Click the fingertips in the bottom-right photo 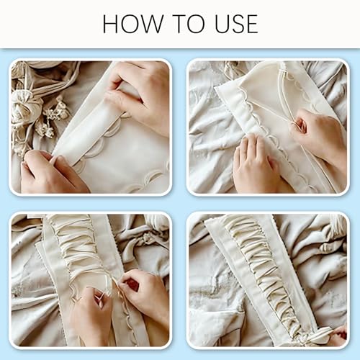coord(337,333)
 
